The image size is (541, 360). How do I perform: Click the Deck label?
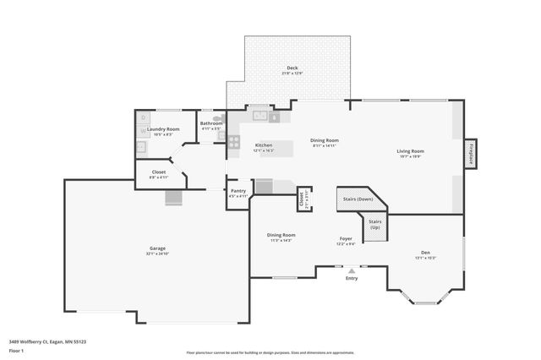pyautogui.click(x=292, y=68)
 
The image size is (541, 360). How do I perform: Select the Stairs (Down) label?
pyautogui.click(x=358, y=199)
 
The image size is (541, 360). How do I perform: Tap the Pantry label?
pyautogui.click(x=238, y=192)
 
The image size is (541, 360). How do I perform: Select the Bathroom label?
pyautogui.click(x=211, y=123)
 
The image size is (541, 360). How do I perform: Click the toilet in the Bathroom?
pyautogui.click(x=219, y=119)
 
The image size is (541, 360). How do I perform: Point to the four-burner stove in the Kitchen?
pyautogui.click(x=234, y=141)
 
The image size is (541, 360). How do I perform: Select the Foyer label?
pyautogui.click(x=345, y=239)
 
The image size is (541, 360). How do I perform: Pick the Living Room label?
pyautogui.click(x=409, y=151)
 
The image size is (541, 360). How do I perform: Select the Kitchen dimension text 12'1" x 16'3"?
pyautogui.click(x=264, y=150)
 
